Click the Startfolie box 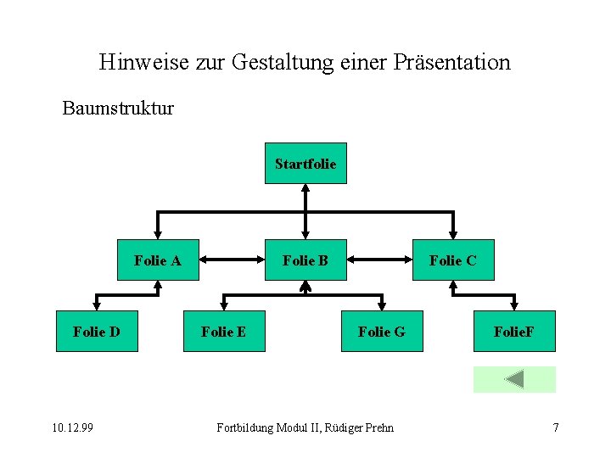pyautogui.click(x=305, y=164)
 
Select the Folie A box pyautogui.click(x=158, y=260)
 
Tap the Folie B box pyautogui.click(x=305, y=260)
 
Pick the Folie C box pyautogui.click(x=453, y=260)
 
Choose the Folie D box pyautogui.click(x=96, y=332)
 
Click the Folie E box pyautogui.click(x=223, y=332)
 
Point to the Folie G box pyautogui.click(x=382, y=332)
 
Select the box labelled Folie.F pyautogui.click(x=513, y=332)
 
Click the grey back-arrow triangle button pyautogui.click(x=514, y=379)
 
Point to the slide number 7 pyautogui.click(x=556, y=427)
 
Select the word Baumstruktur pyautogui.click(x=118, y=109)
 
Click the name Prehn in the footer pyautogui.click(x=378, y=427)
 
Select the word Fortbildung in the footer pyautogui.click(x=245, y=427)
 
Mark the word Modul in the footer pyautogui.click(x=292, y=427)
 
